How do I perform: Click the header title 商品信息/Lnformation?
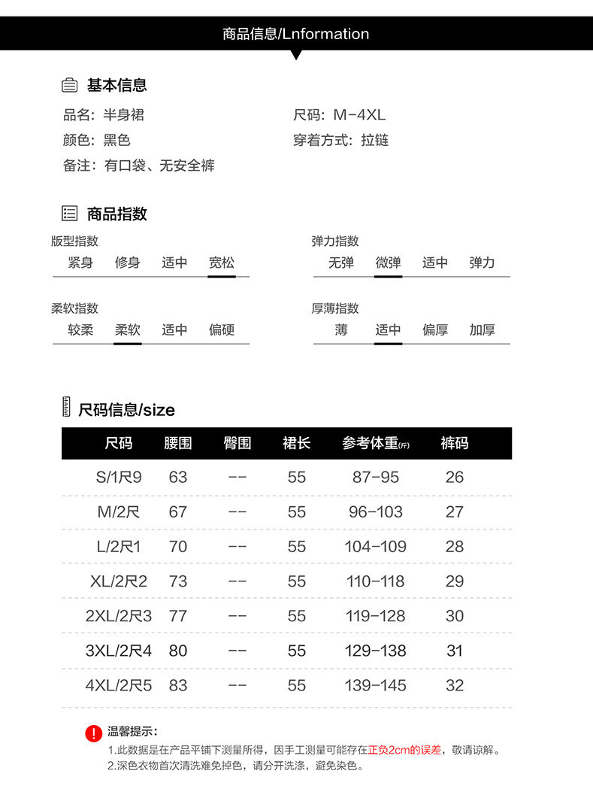tap(295, 34)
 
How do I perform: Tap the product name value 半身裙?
tap(123, 115)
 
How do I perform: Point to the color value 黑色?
tap(116, 140)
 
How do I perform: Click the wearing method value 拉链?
tap(374, 140)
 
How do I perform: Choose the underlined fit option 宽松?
tap(222, 262)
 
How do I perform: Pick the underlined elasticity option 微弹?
tap(388, 262)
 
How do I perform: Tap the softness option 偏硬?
tap(222, 329)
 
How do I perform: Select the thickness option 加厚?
tap(482, 329)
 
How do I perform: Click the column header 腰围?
tap(178, 443)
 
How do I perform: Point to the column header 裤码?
tap(454, 443)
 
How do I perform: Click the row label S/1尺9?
tap(119, 477)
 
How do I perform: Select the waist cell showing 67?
tap(178, 511)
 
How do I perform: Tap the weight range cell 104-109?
tap(375, 546)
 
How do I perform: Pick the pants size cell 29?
tap(455, 581)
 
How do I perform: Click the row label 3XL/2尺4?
tap(119, 651)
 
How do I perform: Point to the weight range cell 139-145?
tap(375, 685)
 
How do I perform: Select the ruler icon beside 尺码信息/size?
tap(67, 407)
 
